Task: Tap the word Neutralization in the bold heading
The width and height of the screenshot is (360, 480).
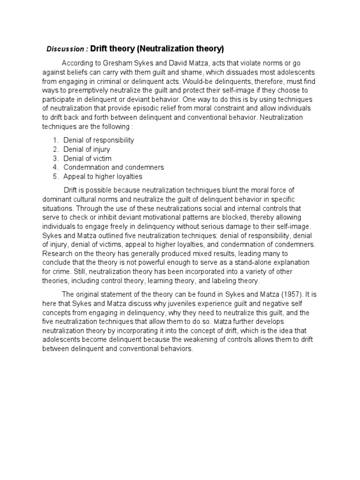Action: point(165,48)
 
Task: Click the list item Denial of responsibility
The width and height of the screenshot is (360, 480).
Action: point(98,140)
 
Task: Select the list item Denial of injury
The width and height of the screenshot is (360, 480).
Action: point(87,149)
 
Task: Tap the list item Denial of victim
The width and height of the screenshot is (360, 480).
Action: point(87,158)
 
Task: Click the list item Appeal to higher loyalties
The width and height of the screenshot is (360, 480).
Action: point(103,177)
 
